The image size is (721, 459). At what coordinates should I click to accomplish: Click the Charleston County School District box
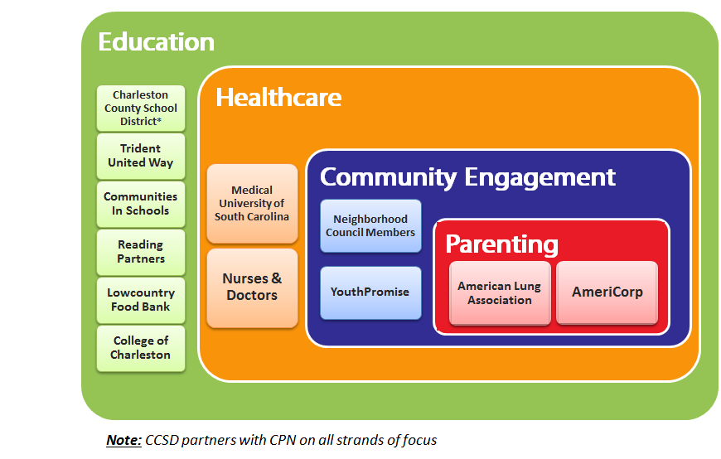pos(141,109)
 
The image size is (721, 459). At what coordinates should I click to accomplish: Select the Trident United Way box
pos(141,157)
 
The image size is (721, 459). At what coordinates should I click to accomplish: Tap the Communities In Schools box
pos(141,204)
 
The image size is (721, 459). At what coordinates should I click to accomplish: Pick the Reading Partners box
pos(141,253)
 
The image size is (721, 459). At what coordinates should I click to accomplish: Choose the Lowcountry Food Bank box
pos(141,300)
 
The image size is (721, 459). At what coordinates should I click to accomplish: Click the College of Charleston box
pos(141,349)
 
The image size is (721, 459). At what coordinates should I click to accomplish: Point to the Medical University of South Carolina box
pos(253,204)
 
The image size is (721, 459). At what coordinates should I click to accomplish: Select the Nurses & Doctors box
pos(253,288)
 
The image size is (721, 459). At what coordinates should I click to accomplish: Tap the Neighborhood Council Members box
pos(370,226)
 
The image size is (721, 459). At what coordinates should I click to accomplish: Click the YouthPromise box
pos(370,293)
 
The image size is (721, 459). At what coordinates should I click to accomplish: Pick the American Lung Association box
pos(500,293)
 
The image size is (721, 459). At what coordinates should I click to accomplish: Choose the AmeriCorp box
pos(607,293)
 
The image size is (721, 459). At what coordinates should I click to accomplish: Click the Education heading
pos(157,42)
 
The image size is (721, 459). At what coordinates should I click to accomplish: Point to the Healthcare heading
pos(278,98)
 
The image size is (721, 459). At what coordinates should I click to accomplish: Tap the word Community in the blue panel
pos(389,177)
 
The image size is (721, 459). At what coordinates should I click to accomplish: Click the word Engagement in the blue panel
pos(540,178)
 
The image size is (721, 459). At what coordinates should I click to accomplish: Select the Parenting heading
pos(501,244)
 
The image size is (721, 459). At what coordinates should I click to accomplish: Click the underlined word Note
pos(123,440)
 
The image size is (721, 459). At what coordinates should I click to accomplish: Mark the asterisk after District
pos(159,120)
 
